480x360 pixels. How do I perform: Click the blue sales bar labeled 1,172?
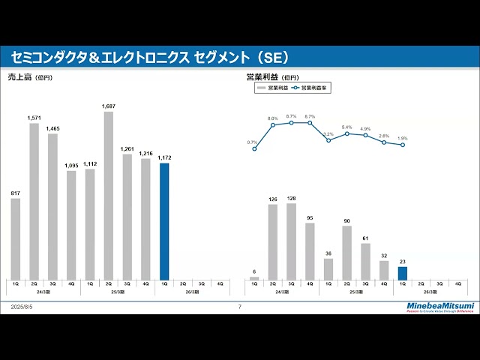(164, 221)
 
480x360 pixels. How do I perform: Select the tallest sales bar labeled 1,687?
(109, 195)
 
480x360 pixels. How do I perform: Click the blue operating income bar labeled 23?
(402, 273)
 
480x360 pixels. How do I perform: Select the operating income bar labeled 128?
(291, 241)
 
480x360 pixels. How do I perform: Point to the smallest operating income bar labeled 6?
(254, 278)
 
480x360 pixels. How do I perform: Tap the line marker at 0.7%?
(254, 148)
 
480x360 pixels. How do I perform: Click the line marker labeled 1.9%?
(402, 145)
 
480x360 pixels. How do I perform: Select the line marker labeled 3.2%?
(328, 140)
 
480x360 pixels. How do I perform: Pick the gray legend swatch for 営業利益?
(262, 88)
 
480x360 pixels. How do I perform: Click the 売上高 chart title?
(20, 76)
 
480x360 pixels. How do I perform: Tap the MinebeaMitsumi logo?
(440, 306)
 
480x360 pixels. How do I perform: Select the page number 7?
(239, 307)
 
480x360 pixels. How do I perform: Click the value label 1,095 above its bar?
(71, 165)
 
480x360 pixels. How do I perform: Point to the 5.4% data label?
(346, 127)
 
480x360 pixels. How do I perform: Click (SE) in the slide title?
(272, 58)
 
